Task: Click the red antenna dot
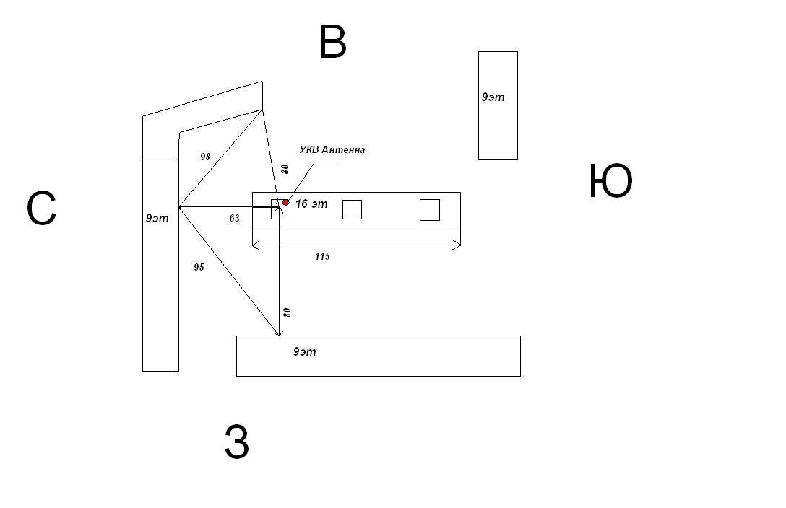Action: [286, 202]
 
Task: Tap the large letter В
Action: [332, 42]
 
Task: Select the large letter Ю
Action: [610, 181]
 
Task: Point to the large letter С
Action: [41, 209]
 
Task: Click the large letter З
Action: [237, 442]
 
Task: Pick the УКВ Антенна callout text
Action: [332, 149]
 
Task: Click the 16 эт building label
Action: [311, 203]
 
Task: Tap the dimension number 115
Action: [322, 256]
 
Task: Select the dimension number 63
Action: [234, 218]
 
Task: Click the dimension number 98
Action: [205, 157]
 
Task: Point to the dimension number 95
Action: [199, 267]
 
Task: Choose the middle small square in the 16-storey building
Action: [352, 210]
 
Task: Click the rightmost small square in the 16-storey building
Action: [430, 210]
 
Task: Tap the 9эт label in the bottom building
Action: [304, 352]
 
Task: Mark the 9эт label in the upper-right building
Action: [493, 97]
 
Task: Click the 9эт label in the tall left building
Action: [157, 218]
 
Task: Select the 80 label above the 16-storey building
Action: [285, 169]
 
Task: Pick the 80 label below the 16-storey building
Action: [288, 312]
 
